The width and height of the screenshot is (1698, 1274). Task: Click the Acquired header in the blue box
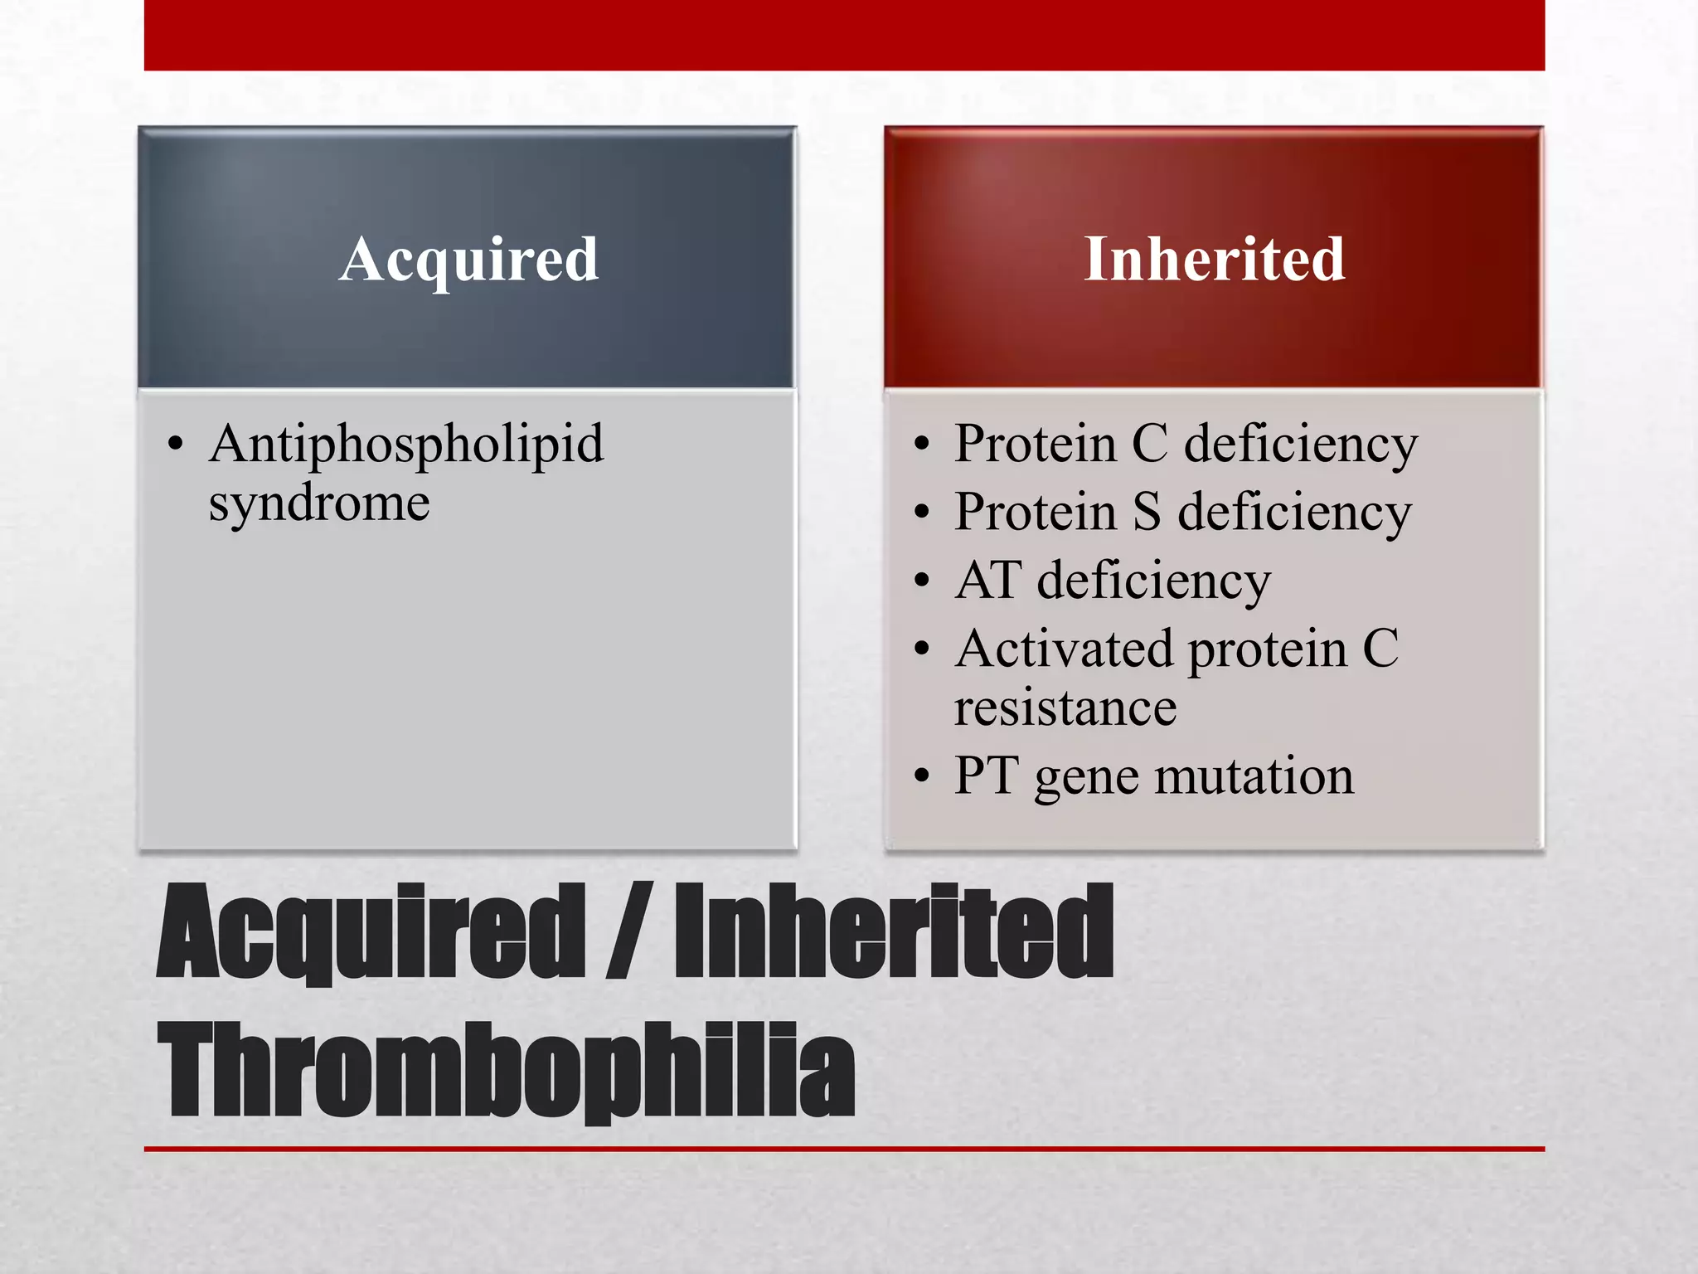(x=468, y=260)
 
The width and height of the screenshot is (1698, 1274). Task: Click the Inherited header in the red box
(x=1214, y=260)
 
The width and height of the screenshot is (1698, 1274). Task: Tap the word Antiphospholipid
(x=406, y=445)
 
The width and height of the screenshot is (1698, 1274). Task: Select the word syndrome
(x=319, y=503)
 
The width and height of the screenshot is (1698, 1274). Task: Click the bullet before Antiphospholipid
(x=175, y=445)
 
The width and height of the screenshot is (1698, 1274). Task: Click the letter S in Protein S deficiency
(x=1147, y=512)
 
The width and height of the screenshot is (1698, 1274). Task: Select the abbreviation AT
(x=987, y=580)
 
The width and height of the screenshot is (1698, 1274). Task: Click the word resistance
(x=1065, y=708)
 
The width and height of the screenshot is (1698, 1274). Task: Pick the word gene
(x=1086, y=780)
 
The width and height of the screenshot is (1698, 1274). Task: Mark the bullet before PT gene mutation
(x=922, y=777)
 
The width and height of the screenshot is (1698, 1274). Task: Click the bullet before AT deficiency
(x=922, y=581)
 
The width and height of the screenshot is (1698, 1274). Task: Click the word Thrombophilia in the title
(x=506, y=1070)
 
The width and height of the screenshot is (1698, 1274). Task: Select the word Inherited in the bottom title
(x=894, y=931)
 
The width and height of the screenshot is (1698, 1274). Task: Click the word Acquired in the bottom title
(x=371, y=931)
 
